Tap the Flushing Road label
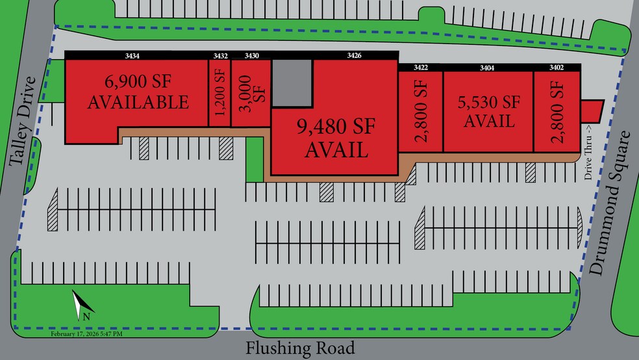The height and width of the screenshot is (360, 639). (x=300, y=348)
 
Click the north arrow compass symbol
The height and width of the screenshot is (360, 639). (x=83, y=305)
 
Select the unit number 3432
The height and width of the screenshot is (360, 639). (x=220, y=56)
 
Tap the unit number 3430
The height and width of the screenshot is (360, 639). (x=251, y=56)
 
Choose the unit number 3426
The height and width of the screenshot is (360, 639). (x=354, y=56)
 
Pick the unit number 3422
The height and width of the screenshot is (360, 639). (x=421, y=67)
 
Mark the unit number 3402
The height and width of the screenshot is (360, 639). (x=557, y=67)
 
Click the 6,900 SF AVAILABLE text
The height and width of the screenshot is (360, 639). (x=138, y=92)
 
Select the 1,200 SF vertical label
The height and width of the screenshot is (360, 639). (x=219, y=97)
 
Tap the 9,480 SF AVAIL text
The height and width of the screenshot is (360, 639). (x=336, y=138)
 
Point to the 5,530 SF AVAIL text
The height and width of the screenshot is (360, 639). (x=490, y=111)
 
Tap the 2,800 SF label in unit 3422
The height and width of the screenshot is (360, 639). (x=420, y=110)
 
